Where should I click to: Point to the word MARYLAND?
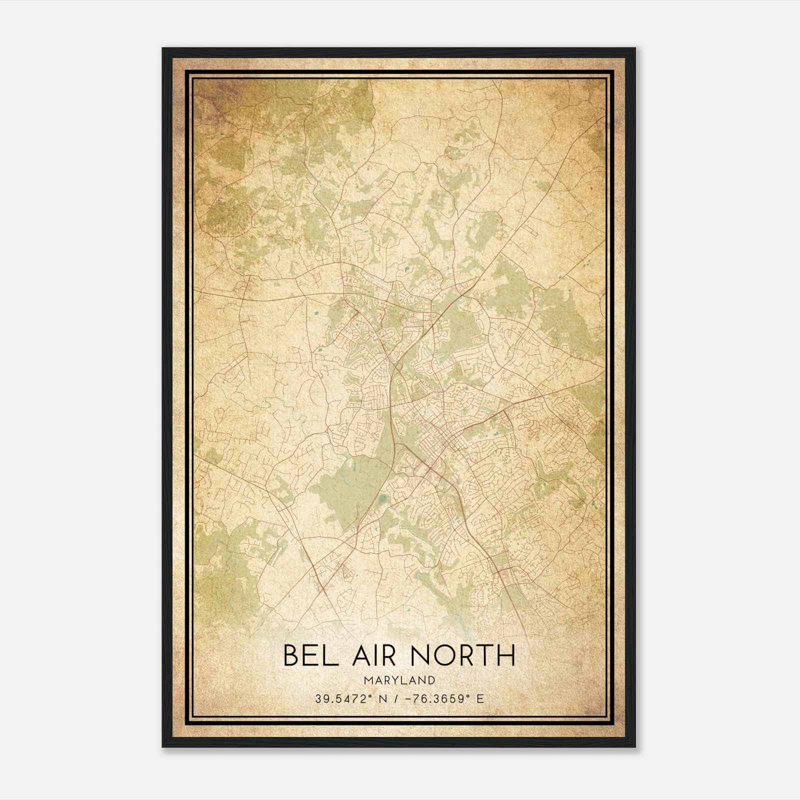coord(399,680)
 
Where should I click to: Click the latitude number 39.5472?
coord(338,699)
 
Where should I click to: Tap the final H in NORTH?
coord(506,655)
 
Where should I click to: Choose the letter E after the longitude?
coord(480,699)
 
